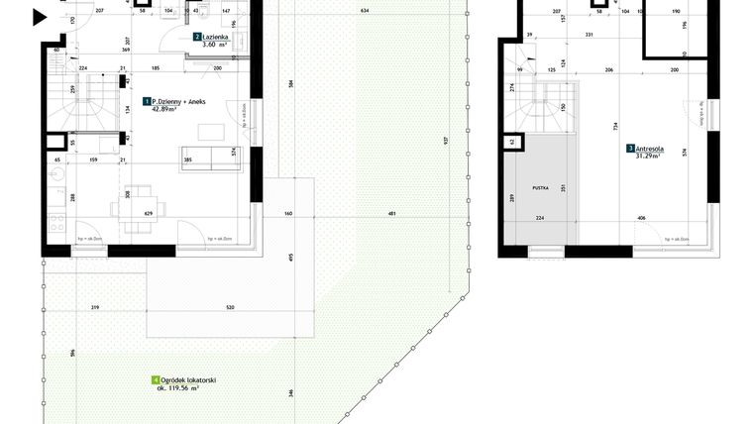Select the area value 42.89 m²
[164, 110]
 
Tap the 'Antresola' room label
[650, 149]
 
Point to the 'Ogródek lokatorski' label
[190, 380]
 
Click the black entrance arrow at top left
[39, 17]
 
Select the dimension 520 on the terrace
[230, 308]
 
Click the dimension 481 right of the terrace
[392, 214]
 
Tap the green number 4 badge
[155, 380]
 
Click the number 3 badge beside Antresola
[631, 149]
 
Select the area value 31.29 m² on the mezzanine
[649, 157]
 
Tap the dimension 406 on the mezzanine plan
[642, 218]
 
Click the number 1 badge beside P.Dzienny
[147, 101]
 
